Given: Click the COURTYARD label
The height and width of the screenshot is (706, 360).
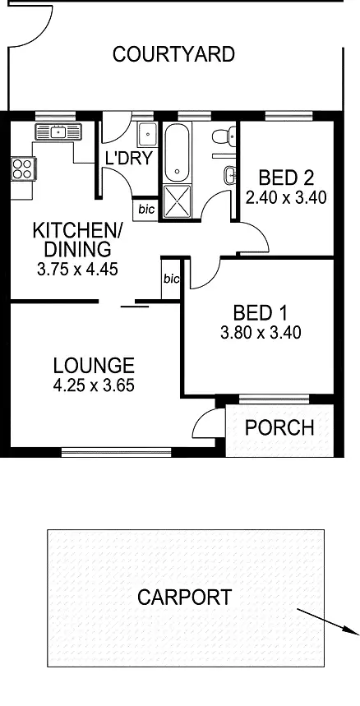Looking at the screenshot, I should tap(173, 55).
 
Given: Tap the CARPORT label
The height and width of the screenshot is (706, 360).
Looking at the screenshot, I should tap(184, 597).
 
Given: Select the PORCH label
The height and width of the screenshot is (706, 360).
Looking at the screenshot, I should tap(279, 427).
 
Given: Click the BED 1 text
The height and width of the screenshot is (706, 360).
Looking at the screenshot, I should tap(261, 313).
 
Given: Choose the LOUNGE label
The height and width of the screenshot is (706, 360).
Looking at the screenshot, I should tap(93, 365).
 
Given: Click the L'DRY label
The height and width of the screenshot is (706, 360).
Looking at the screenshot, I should tap(129, 158).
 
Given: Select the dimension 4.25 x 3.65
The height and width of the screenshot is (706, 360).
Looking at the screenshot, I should tap(93, 385).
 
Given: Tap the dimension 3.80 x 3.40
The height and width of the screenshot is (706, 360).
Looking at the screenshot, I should tap(261, 333).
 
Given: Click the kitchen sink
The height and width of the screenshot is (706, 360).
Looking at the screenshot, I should tap(58, 132).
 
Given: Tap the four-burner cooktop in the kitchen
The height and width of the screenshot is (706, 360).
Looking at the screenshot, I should tap(21, 168).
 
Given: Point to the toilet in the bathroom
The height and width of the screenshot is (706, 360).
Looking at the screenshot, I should tap(221, 137).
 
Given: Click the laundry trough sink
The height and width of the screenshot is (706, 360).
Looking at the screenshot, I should tap(146, 135).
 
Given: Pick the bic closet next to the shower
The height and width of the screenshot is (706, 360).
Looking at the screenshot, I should tap(145, 210).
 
